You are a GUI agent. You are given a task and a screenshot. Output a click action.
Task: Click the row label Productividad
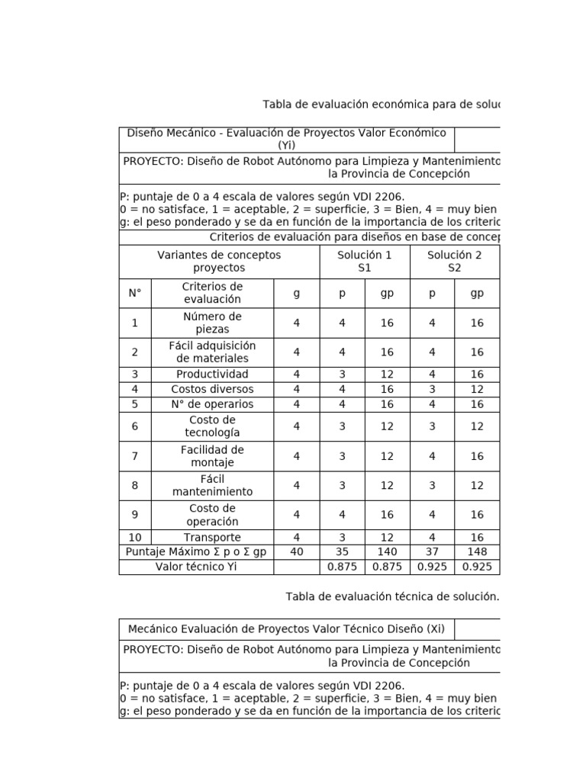pyautogui.click(x=212, y=374)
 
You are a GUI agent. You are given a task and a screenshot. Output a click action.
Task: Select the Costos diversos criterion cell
pyautogui.click(x=212, y=389)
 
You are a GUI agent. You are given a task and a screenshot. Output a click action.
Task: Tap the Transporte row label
pyautogui.click(x=212, y=537)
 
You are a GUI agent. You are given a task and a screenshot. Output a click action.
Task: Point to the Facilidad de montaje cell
pyautogui.click(x=212, y=456)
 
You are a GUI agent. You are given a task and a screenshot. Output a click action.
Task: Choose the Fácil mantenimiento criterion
pyautogui.click(x=212, y=485)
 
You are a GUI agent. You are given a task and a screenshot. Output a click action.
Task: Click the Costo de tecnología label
pyautogui.click(x=212, y=426)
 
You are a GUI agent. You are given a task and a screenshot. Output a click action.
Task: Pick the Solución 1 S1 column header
pyautogui.click(x=364, y=262)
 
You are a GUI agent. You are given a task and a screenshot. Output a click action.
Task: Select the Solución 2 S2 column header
pyautogui.click(x=454, y=262)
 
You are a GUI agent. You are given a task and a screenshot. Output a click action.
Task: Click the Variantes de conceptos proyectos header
pyautogui.click(x=219, y=262)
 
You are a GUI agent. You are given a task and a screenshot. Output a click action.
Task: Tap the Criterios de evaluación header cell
pyautogui.click(x=212, y=293)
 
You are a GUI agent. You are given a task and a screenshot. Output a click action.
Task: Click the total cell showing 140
pyautogui.click(x=387, y=551)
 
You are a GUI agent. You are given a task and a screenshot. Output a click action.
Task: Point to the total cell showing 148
pyautogui.click(x=477, y=551)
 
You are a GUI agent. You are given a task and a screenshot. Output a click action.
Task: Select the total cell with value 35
pyautogui.click(x=342, y=551)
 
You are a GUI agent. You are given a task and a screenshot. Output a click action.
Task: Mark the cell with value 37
pyautogui.click(x=432, y=551)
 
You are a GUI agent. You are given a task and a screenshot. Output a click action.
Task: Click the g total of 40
pyautogui.click(x=297, y=551)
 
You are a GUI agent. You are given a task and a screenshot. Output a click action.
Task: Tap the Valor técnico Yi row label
pyautogui.click(x=196, y=567)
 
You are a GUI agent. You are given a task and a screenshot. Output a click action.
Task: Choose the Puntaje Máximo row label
pyautogui.click(x=196, y=551)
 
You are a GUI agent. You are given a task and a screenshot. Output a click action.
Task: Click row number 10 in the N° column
pyautogui.click(x=135, y=537)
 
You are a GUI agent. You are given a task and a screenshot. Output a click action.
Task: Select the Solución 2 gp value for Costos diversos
pyautogui.click(x=477, y=389)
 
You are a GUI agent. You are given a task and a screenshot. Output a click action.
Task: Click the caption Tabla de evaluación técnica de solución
pyautogui.click(x=392, y=596)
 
